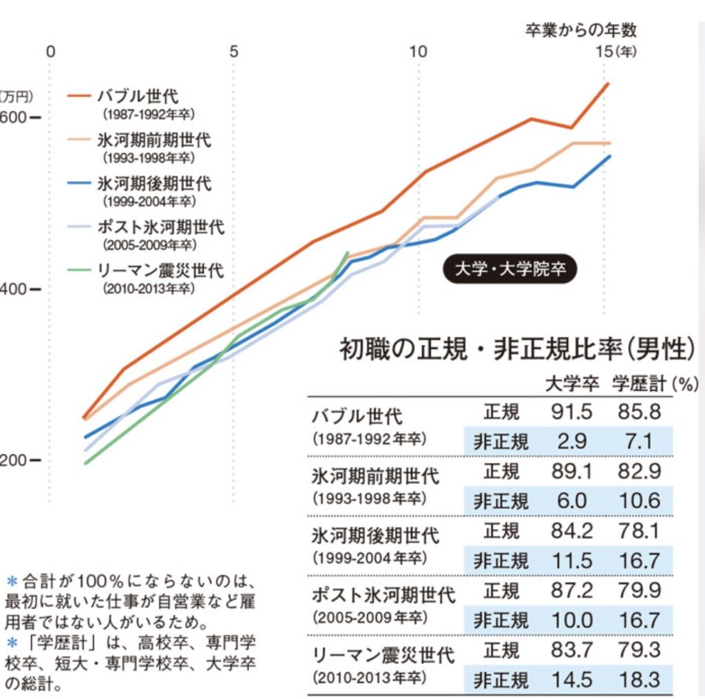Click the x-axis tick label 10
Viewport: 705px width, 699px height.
click(x=417, y=52)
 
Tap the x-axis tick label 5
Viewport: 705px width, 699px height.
click(x=233, y=52)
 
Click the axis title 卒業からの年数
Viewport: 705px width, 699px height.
click(x=581, y=30)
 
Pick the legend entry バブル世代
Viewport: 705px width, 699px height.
click(x=138, y=96)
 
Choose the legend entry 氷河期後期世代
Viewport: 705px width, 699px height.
click(x=154, y=184)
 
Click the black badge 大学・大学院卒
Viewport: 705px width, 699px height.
click(x=509, y=269)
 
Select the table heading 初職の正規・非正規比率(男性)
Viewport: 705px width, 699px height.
click(x=516, y=349)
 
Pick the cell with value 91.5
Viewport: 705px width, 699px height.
click(x=571, y=412)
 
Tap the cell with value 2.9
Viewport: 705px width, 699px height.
click(x=571, y=441)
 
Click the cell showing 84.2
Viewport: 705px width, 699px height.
click(x=571, y=531)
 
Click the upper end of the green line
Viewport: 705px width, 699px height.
click(x=347, y=252)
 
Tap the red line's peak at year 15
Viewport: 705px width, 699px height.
click(x=607, y=83)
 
